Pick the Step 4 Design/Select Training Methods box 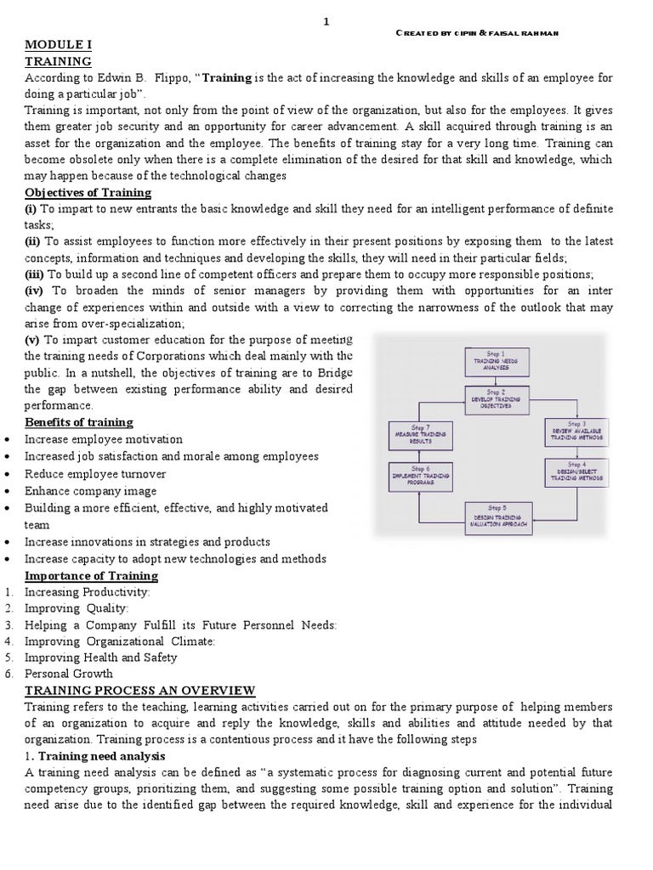point(576,472)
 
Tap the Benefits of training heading point(78,422)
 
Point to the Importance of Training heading point(91,576)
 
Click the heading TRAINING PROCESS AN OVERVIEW point(139,690)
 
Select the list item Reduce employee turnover point(95,474)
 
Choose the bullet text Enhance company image point(90,491)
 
